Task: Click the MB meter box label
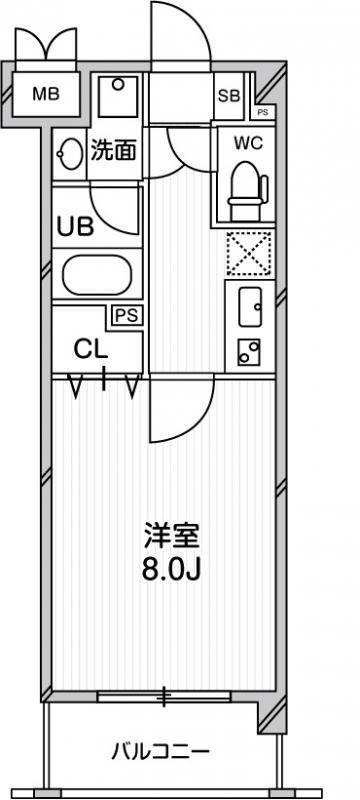(45, 96)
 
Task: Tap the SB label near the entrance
(228, 96)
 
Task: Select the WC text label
(247, 142)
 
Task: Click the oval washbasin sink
(71, 154)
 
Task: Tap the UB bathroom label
(75, 226)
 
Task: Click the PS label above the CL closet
(127, 315)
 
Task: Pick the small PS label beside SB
(261, 113)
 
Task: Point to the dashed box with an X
(249, 253)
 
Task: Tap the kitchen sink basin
(250, 301)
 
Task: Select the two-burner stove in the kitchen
(248, 350)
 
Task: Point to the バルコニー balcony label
(160, 751)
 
